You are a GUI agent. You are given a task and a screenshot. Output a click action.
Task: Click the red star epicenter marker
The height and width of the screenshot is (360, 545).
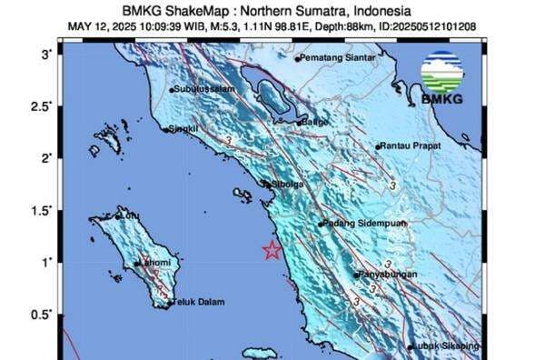point(271,251)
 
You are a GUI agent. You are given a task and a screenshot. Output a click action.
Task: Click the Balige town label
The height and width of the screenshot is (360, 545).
point(314,120)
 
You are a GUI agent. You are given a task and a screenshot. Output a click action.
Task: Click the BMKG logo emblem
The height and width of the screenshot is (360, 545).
point(442,72)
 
